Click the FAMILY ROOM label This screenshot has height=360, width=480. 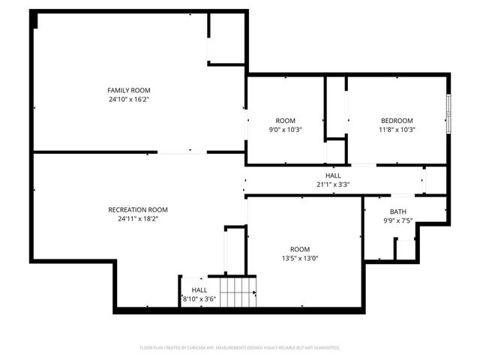tap(123, 90)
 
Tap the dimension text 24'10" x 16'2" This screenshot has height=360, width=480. tap(123, 99)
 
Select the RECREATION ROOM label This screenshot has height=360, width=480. tap(138, 210)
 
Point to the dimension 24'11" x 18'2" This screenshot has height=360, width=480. tap(138, 219)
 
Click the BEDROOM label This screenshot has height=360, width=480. tap(397, 121)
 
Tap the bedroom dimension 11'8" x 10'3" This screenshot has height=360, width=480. tap(397, 130)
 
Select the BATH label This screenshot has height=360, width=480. tap(397, 211)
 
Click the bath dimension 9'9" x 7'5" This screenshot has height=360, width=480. tap(397, 220)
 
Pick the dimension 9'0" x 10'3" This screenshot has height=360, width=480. tap(285, 130)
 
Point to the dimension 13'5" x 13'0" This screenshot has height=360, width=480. tap(300, 258)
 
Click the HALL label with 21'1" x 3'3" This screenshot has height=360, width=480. tap(333, 175)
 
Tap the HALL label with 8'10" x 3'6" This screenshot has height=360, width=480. tap(199, 290)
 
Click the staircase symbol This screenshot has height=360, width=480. tap(237, 291)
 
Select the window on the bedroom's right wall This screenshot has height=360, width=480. tap(448, 112)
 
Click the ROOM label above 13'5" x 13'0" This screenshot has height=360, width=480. tap(300, 249)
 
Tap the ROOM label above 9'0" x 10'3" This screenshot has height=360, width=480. tap(285, 121)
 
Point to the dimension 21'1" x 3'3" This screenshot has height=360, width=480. tap(333, 184)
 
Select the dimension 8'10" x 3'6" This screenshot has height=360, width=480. tap(199, 299)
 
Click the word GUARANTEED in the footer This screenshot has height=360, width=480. tap(326, 348)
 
